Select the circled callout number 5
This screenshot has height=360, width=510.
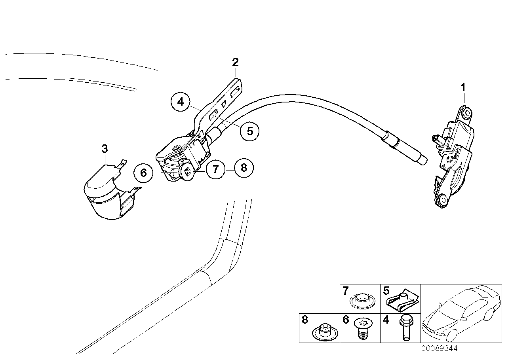(x=249, y=131)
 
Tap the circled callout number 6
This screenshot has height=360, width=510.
(x=144, y=173)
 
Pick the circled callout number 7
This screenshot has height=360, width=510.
(x=215, y=170)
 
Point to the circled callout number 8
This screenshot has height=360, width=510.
(x=244, y=168)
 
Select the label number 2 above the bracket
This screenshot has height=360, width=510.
(x=235, y=62)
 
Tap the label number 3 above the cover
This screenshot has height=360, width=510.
(x=104, y=149)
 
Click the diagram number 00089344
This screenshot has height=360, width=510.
(x=439, y=349)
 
